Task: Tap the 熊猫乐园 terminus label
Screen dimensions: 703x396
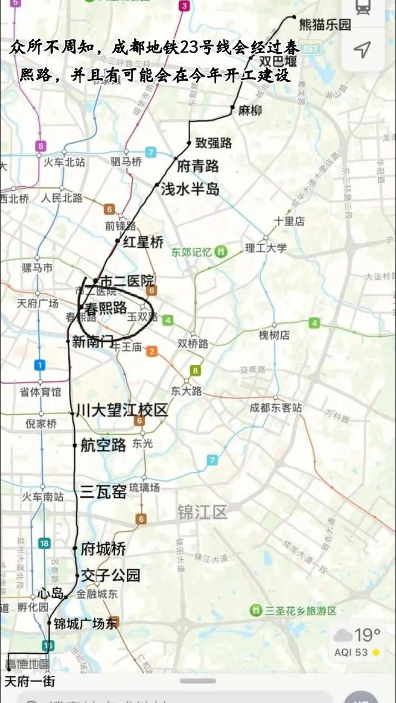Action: point(325,24)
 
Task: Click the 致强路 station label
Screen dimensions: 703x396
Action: point(214,143)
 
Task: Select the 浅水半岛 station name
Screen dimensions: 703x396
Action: point(190,190)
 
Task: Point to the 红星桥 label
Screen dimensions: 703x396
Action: point(143,242)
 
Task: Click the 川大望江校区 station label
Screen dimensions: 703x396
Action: point(122,410)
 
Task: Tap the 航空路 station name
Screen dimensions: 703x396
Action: point(103,445)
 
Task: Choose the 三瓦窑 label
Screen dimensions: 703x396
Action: point(103,492)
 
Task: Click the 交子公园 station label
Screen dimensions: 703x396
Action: point(110,575)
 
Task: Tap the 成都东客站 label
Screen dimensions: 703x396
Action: point(276,408)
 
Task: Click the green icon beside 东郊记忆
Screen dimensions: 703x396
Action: point(221,252)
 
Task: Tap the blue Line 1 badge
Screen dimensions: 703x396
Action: point(39,365)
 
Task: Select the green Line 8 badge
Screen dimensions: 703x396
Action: point(195,370)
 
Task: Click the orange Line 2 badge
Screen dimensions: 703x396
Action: point(151,351)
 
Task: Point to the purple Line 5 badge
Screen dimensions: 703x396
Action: point(40,146)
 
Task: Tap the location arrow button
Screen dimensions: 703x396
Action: point(362,50)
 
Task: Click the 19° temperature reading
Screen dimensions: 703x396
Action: point(367,634)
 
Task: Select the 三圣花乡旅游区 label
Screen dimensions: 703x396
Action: point(300,611)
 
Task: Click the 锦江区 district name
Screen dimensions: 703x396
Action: point(202,512)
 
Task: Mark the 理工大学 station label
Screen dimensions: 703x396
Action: point(266,248)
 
